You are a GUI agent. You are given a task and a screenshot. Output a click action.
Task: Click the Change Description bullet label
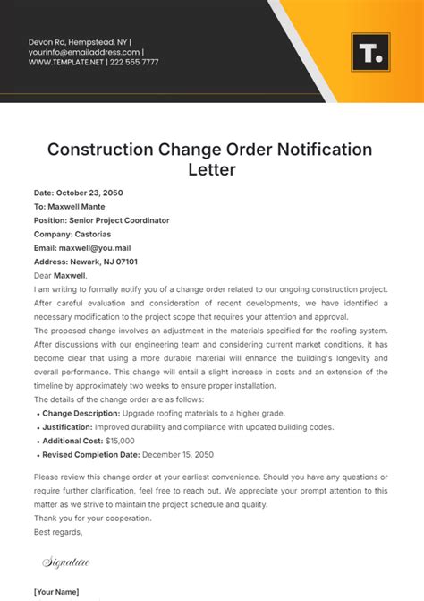coord(81,413)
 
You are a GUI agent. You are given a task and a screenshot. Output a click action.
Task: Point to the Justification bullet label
coord(71,427)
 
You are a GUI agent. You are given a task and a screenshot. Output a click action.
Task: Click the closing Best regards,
coord(58,532)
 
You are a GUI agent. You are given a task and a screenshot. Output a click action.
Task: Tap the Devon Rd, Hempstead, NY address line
coord(77,41)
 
